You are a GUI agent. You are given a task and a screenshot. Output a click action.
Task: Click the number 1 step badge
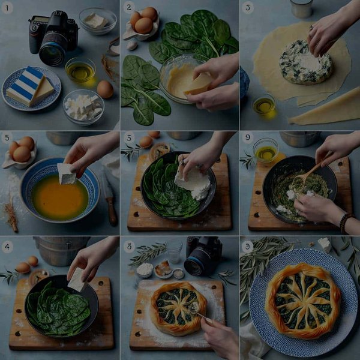pyautogui.click(x=8, y=8)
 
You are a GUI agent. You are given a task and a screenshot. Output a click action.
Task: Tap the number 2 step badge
pyautogui.click(x=128, y=8)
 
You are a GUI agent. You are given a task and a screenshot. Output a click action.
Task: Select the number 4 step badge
pyautogui.click(x=8, y=247)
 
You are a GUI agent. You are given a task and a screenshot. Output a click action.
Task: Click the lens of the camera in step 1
pyautogui.click(x=53, y=53)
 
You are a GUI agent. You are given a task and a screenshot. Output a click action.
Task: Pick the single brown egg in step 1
pyautogui.click(x=105, y=89)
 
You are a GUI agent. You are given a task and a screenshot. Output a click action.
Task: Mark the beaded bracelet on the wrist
pyautogui.click(x=344, y=223)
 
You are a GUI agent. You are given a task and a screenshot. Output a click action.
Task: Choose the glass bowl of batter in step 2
pyautogui.click(x=181, y=78)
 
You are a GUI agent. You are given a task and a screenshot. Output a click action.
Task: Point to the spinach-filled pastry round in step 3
pyautogui.click(x=306, y=62)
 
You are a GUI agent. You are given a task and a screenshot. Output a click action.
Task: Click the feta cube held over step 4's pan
pyautogui.click(x=76, y=279)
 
